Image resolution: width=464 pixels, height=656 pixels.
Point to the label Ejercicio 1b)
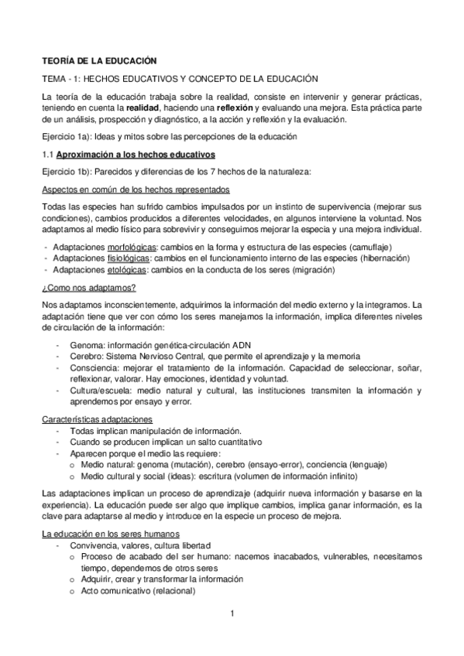click(x=67, y=172)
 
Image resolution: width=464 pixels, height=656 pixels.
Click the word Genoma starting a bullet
click(x=87, y=343)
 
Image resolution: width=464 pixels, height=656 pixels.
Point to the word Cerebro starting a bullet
click(x=87, y=354)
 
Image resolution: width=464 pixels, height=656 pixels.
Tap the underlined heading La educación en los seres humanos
click(x=111, y=533)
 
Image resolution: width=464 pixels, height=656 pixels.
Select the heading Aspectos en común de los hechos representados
click(x=129, y=190)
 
